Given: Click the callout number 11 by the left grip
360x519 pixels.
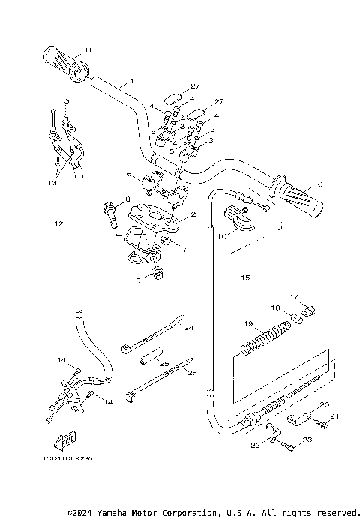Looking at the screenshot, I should (x=88, y=50).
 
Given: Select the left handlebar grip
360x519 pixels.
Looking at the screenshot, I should (x=66, y=62).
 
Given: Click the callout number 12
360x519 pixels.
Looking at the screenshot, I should (x=59, y=223).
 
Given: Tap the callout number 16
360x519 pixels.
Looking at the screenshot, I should (x=222, y=235).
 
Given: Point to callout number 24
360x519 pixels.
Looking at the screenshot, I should (x=189, y=328).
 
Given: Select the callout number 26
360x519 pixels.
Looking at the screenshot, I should (x=192, y=373).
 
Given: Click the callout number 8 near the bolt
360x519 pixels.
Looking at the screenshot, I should (x=127, y=198).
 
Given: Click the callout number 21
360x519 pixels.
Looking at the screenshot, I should (x=334, y=416).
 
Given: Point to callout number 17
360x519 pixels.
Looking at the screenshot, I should (x=294, y=297).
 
